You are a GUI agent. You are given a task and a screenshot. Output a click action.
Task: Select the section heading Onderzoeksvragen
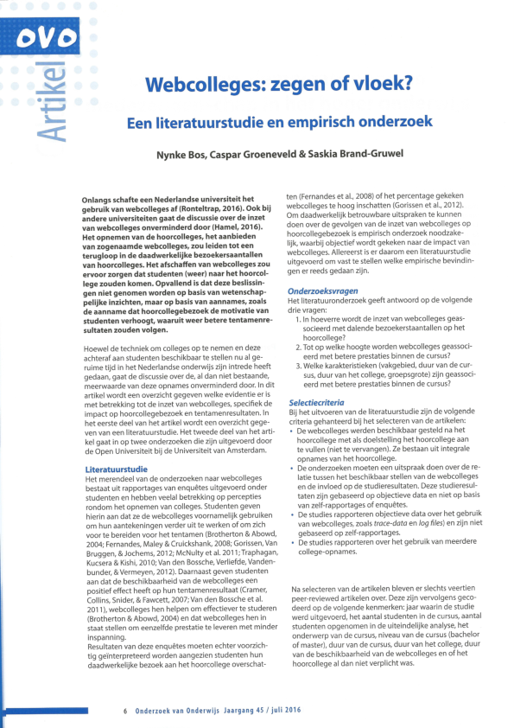pos(322,291)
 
